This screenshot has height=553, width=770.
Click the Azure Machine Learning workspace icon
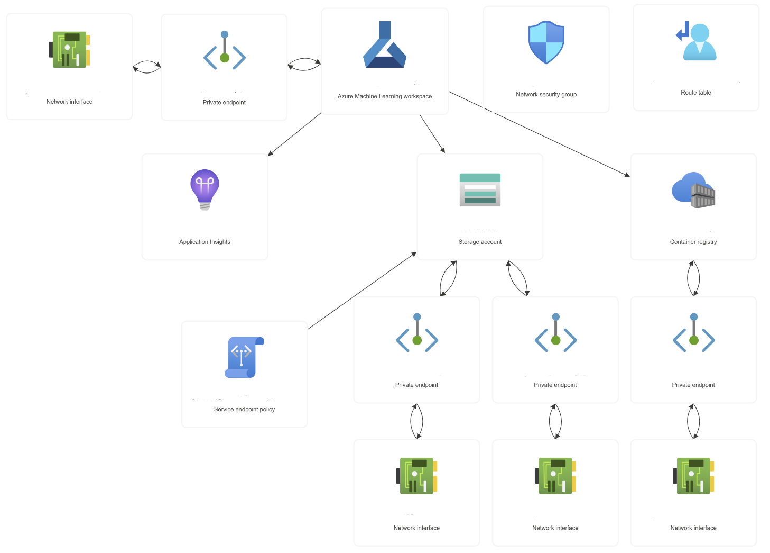click(x=385, y=46)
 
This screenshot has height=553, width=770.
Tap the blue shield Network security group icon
click(x=546, y=42)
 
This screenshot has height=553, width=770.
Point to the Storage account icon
click(x=480, y=189)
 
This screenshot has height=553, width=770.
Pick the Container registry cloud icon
click(x=693, y=190)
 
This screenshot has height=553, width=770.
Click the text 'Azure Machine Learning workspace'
click(x=384, y=96)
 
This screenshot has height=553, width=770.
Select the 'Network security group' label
click(x=546, y=94)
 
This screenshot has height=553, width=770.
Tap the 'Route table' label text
click(x=695, y=93)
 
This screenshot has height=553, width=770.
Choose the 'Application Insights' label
click(x=205, y=242)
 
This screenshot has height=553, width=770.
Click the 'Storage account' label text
click(x=480, y=242)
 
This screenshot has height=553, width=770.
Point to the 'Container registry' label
click(x=693, y=242)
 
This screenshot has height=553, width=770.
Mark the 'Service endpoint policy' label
click(x=244, y=409)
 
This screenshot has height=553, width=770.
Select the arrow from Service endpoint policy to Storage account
click(x=362, y=291)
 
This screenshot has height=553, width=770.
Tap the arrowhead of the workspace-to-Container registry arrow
click(x=627, y=175)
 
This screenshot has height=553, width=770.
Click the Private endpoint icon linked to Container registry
click(x=693, y=333)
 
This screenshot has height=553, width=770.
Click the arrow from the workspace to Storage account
click(x=432, y=134)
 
